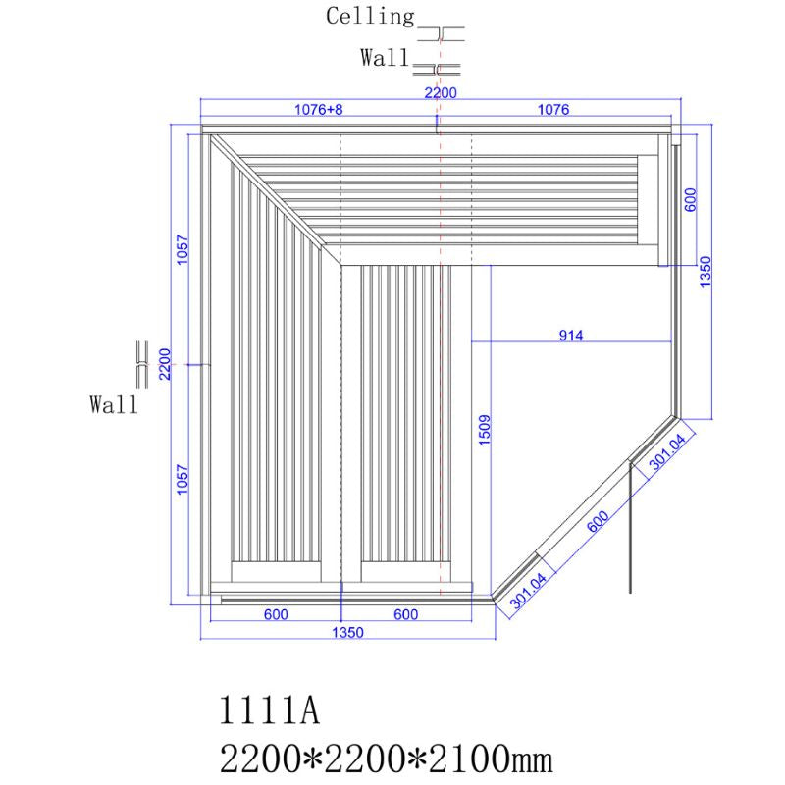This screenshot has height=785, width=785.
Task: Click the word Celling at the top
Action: (370, 17)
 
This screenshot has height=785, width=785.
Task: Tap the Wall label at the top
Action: (384, 59)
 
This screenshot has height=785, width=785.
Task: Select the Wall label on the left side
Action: (114, 404)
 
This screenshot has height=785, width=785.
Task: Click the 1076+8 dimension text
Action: (318, 110)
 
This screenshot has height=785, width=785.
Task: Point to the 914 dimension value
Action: (571, 336)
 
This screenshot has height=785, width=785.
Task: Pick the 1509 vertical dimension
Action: (484, 432)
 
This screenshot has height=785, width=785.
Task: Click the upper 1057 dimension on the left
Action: (183, 253)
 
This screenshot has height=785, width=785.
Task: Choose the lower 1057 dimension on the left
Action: (183, 479)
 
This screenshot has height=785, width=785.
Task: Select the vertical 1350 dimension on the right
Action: (705, 271)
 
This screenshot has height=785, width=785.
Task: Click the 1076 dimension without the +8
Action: (552, 110)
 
